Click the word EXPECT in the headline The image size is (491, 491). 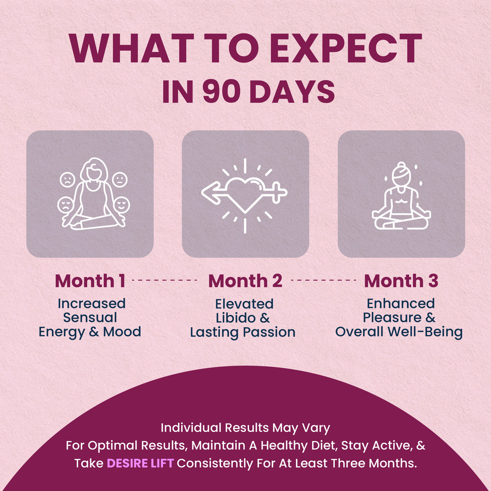345,48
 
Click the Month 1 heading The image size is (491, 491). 90,281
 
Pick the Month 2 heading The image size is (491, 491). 245,281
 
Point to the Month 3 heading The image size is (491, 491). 401,281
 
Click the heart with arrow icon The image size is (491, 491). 245,196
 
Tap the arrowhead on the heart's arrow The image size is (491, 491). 210,192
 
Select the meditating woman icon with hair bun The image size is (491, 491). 401,196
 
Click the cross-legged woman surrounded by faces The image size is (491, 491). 94,194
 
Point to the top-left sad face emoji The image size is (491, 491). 67,180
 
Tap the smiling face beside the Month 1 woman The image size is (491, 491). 121,205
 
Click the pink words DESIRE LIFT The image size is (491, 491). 140,463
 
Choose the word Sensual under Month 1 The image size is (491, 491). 90,317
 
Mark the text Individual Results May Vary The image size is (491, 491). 245,428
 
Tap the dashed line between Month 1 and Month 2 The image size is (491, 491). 165,280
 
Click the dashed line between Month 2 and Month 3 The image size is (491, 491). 324,280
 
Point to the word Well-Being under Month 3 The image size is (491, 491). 425,332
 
